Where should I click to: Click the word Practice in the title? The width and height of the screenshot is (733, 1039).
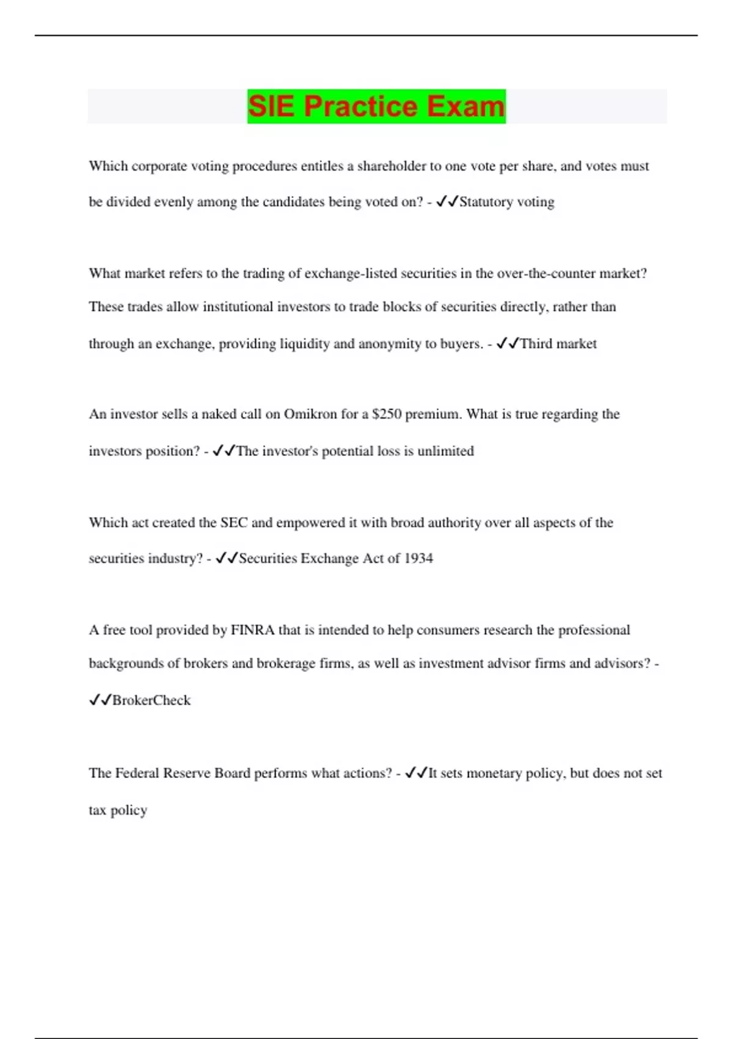(x=361, y=106)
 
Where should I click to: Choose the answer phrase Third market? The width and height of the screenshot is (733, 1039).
(x=558, y=343)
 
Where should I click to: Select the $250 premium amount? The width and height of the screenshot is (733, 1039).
(x=387, y=414)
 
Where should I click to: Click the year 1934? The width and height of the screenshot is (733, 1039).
(x=418, y=559)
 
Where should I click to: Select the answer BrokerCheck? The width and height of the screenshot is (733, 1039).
(x=151, y=700)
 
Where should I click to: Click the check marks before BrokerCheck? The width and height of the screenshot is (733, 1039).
(x=100, y=700)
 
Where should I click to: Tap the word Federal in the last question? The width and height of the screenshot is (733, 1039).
(x=136, y=773)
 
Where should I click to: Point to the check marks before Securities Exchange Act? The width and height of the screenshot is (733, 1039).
(x=227, y=559)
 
